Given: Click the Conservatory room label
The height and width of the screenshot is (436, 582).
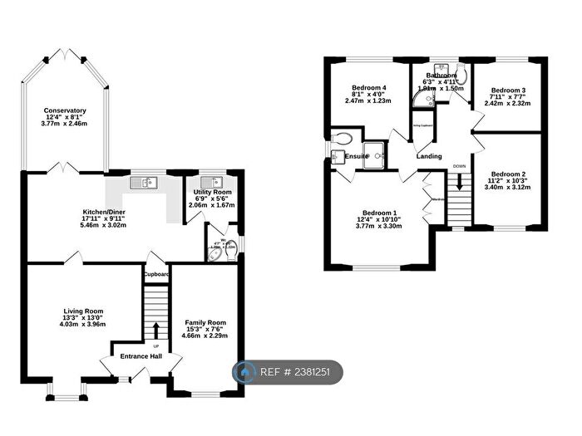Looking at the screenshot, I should pyautogui.click(x=66, y=110).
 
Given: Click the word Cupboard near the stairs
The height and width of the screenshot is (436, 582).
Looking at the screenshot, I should pyautogui.click(x=155, y=274).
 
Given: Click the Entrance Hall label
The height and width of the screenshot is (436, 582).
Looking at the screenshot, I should pyautogui.click(x=141, y=356).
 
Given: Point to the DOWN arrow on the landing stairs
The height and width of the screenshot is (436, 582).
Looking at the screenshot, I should pyautogui.click(x=458, y=204).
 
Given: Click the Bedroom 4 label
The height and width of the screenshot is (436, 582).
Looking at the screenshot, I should pyautogui.click(x=368, y=88).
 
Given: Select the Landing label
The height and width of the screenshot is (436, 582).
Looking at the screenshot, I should pyautogui.click(x=429, y=156).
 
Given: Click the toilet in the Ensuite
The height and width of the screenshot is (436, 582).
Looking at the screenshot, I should pyautogui.click(x=343, y=137).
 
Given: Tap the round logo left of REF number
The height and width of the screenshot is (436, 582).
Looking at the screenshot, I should pyautogui.click(x=247, y=374).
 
